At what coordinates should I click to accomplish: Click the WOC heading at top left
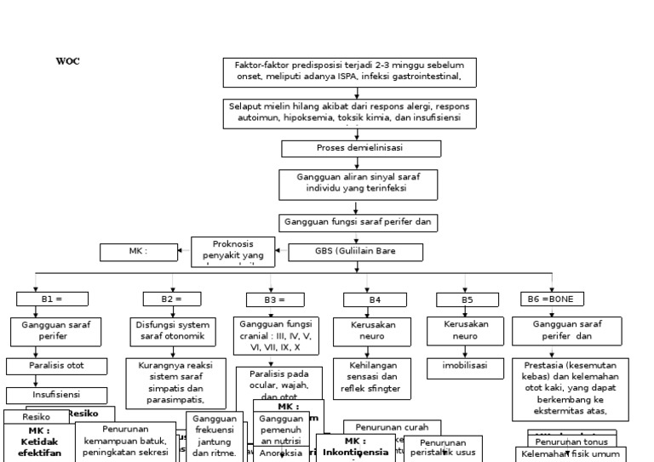point(68,62)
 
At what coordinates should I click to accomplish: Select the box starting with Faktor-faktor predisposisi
point(349,71)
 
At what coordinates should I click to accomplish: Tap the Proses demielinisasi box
point(361,148)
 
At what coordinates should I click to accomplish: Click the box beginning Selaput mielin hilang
point(349,112)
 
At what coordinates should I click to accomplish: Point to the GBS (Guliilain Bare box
point(356,252)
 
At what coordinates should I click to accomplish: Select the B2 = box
point(172,299)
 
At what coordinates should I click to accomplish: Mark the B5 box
point(467,299)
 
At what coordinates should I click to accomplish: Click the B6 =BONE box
point(553,299)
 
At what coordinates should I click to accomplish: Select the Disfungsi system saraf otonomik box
point(172,331)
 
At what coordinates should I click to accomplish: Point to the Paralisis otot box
point(58,367)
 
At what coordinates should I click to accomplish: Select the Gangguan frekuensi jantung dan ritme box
point(215,436)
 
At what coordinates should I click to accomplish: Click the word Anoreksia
point(281,454)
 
